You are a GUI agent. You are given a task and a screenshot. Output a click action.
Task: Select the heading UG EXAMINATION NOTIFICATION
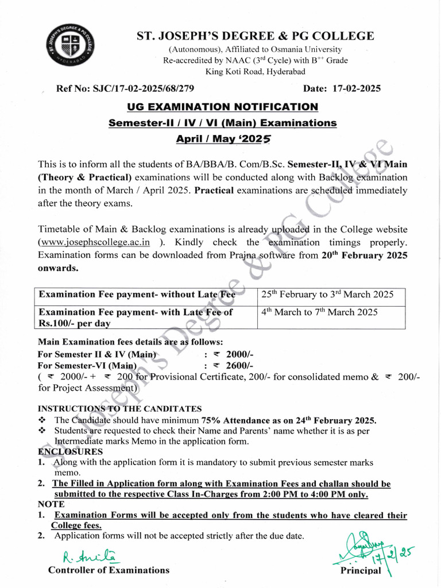[x=222, y=106]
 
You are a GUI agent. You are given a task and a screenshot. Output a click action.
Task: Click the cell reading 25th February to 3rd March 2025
[x=327, y=295]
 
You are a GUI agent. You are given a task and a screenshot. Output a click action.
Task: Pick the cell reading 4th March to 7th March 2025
[x=319, y=312]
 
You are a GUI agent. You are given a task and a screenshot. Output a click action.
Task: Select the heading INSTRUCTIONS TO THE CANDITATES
[x=119, y=409]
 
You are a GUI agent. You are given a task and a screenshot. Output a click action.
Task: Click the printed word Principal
[x=361, y=571]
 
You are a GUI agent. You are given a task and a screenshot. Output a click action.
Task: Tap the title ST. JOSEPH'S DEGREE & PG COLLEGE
[x=255, y=36]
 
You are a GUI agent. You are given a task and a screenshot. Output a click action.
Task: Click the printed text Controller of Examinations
[x=109, y=570]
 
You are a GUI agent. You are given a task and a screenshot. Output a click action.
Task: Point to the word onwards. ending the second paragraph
[x=58, y=268]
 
